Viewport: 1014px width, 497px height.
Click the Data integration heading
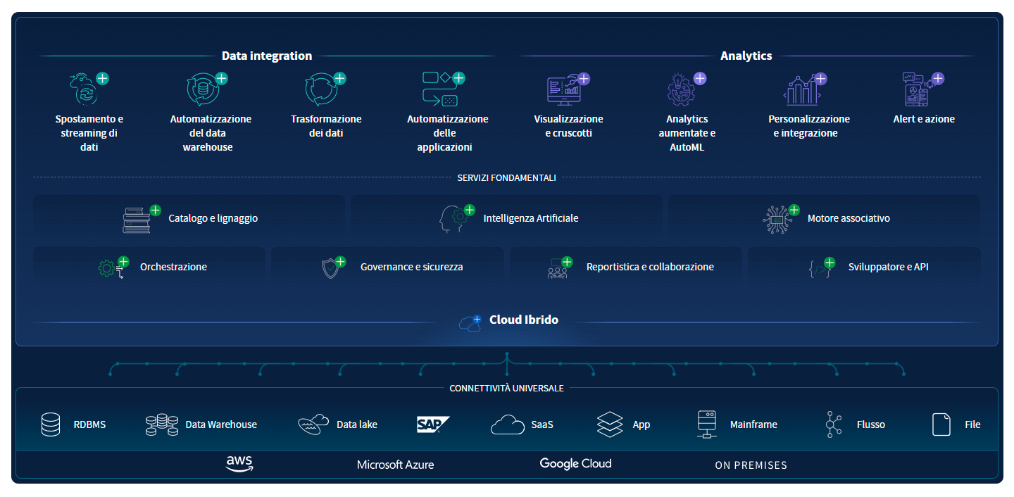(267, 56)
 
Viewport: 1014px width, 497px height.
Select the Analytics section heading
(746, 56)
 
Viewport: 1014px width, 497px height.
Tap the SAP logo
(433, 424)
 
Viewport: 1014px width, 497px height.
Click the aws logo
(239, 463)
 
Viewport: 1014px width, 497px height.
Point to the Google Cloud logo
(575, 464)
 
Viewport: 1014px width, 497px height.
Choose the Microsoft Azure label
(395, 465)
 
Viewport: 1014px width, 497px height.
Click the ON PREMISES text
(751, 465)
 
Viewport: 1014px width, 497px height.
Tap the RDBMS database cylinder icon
(50, 424)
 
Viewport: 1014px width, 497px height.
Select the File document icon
(941, 424)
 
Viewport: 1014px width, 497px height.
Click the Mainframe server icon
(707, 424)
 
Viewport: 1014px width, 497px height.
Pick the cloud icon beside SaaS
(508, 424)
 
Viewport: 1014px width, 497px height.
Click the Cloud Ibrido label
(524, 320)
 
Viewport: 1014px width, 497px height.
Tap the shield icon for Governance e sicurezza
(330, 268)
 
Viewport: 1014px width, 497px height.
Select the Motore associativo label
(849, 218)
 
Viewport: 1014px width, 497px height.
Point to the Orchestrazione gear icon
(107, 268)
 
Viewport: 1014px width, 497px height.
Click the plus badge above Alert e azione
(937, 79)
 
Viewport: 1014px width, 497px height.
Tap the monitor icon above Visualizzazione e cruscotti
(563, 90)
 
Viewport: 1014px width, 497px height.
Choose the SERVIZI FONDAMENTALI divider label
(506, 178)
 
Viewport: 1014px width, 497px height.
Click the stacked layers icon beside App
(610, 424)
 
